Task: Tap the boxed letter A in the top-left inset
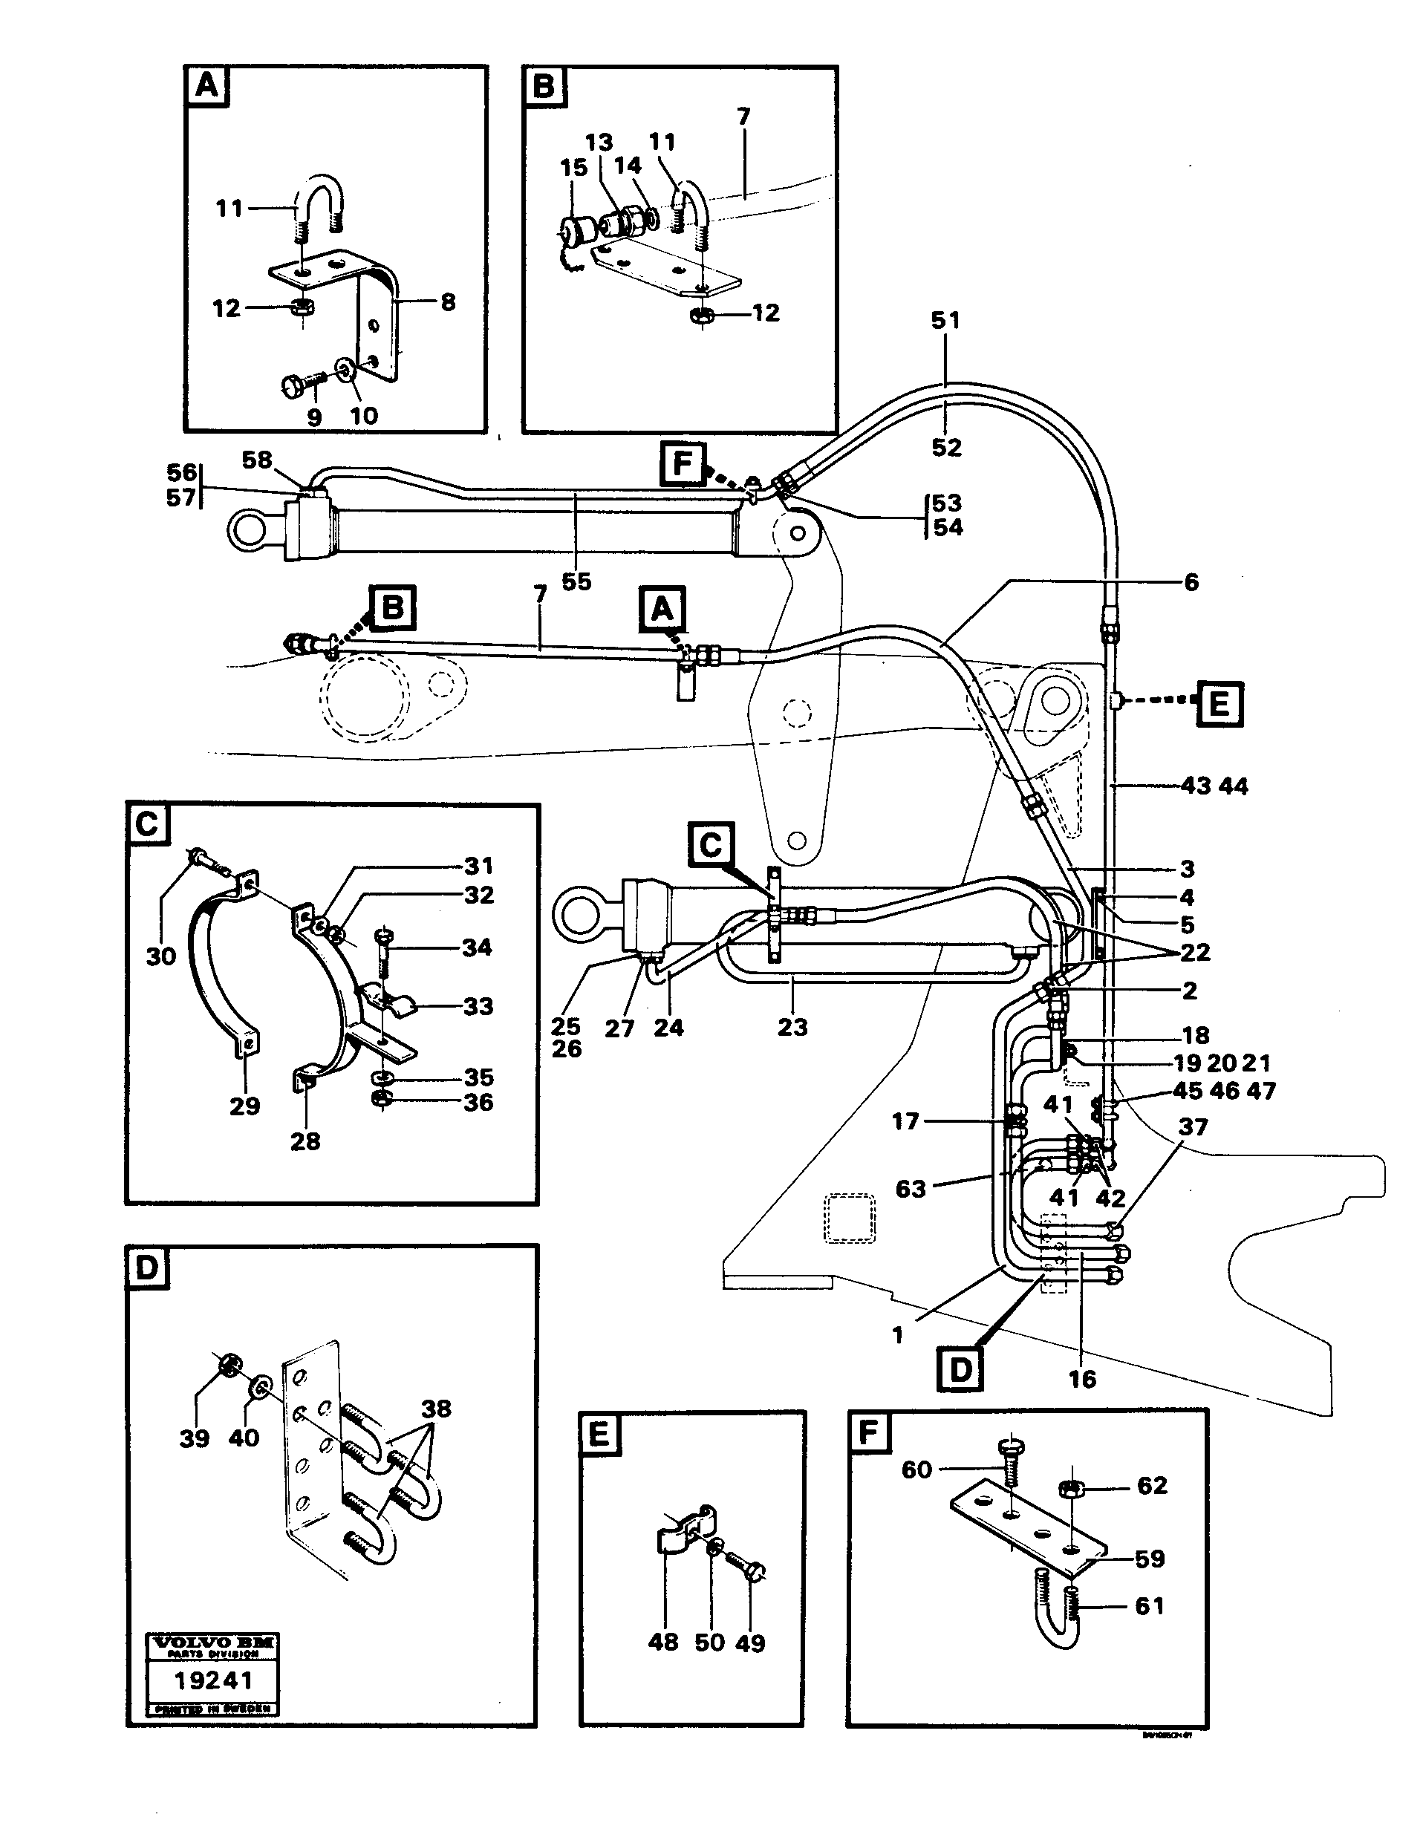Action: [206, 86]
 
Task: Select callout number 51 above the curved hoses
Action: [945, 321]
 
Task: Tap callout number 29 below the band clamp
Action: [245, 1106]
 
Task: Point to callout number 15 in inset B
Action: [573, 168]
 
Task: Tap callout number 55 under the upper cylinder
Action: [576, 581]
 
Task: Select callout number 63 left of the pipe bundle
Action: [910, 1188]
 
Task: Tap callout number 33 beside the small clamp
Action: [478, 1006]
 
